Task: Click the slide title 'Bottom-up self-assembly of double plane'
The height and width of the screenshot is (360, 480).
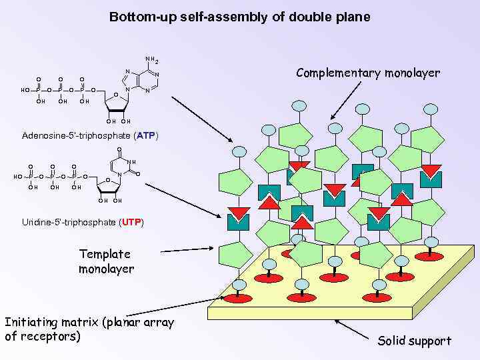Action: (239, 17)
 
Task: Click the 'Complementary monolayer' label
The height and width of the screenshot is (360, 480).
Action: (367, 73)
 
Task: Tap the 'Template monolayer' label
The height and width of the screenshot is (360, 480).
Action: (105, 261)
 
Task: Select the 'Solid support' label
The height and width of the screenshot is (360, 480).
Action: (414, 341)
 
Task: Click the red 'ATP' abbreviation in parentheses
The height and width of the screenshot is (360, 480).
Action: (145, 136)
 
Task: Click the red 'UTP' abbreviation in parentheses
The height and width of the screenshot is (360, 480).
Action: (131, 221)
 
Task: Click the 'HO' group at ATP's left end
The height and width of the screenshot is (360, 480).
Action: (25, 90)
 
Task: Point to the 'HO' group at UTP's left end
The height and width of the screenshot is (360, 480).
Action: (18, 177)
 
